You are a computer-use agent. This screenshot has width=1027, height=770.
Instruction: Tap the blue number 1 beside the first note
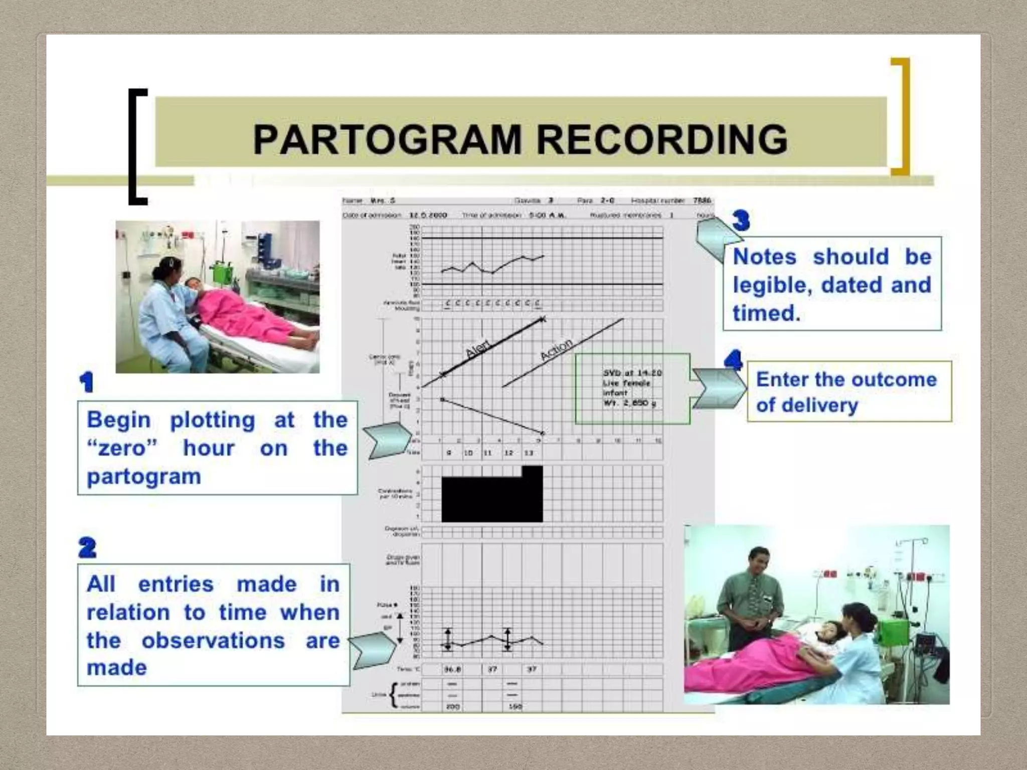coord(86,382)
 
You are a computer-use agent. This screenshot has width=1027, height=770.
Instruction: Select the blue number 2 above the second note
coord(87,547)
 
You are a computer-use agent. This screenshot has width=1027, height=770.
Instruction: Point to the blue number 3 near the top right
coord(741,220)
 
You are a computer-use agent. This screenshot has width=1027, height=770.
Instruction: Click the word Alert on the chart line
coord(478,347)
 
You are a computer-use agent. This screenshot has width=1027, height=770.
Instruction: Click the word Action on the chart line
coord(557,348)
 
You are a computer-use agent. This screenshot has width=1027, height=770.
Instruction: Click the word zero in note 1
coord(122,448)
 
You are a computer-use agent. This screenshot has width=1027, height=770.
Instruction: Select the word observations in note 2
coord(213,641)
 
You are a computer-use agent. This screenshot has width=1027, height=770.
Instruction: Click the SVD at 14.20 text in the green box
coord(632,373)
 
